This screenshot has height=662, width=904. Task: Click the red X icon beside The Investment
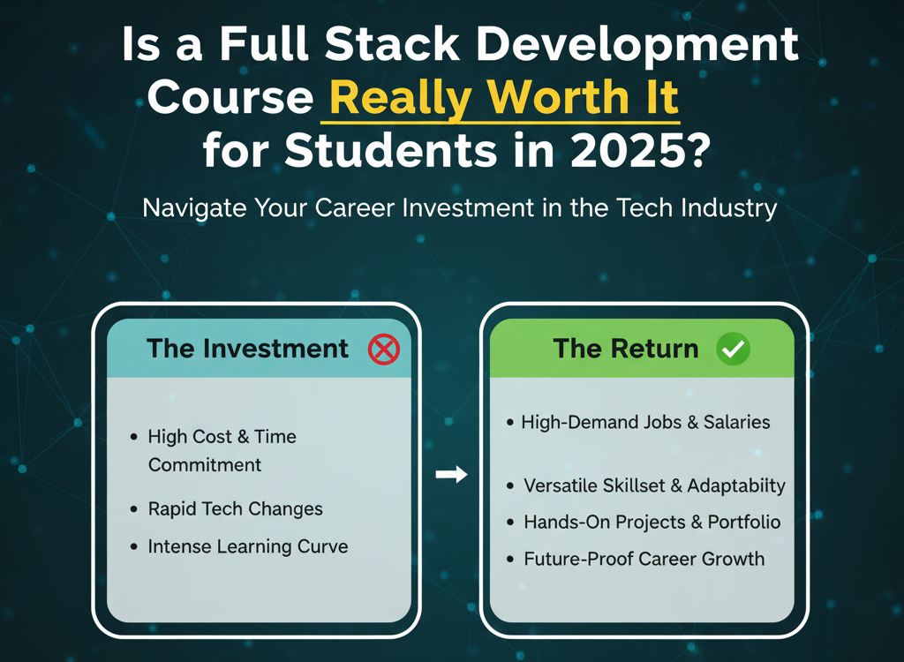click(384, 350)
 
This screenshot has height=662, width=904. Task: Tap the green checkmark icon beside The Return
click(734, 350)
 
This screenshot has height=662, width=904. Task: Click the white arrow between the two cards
click(451, 475)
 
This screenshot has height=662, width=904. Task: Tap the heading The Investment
click(248, 349)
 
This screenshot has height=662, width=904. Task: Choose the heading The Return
click(626, 349)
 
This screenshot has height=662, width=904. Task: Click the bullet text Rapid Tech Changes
click(235, 509)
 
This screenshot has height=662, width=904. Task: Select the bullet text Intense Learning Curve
click(248, 546)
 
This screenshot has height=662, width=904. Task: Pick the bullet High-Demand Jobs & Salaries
click(645, 422)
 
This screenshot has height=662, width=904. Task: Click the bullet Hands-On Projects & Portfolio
click(652, 522)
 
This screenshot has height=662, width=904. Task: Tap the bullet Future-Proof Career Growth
click(644, 559)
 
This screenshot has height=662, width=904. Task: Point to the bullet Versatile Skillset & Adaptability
click(654, 485)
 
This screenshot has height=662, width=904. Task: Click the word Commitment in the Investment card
click(205, 464)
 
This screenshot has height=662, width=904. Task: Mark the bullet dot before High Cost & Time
click(132, 437)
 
